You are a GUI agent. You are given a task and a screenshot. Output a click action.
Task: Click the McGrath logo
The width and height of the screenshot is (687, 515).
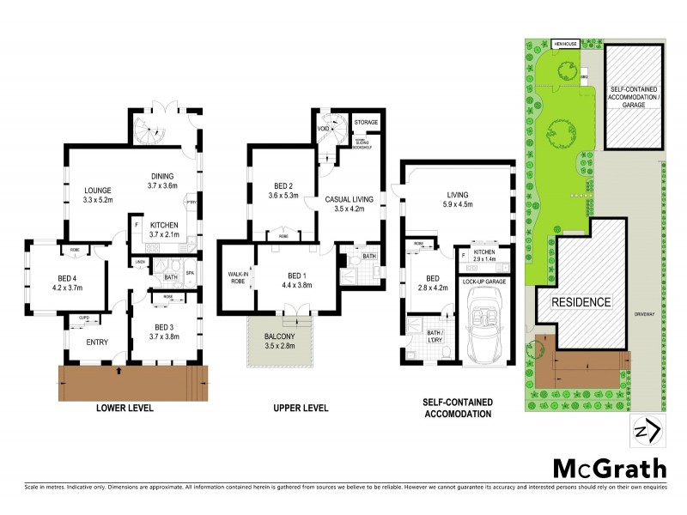tap(609, 468)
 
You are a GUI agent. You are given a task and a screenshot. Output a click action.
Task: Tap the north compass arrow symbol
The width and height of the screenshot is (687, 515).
tap(648, 430)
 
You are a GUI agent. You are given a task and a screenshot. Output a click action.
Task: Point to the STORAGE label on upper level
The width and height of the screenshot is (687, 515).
tap(366, 123)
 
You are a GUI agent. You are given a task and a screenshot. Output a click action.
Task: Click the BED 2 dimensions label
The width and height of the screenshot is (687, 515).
tap(284, 196)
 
